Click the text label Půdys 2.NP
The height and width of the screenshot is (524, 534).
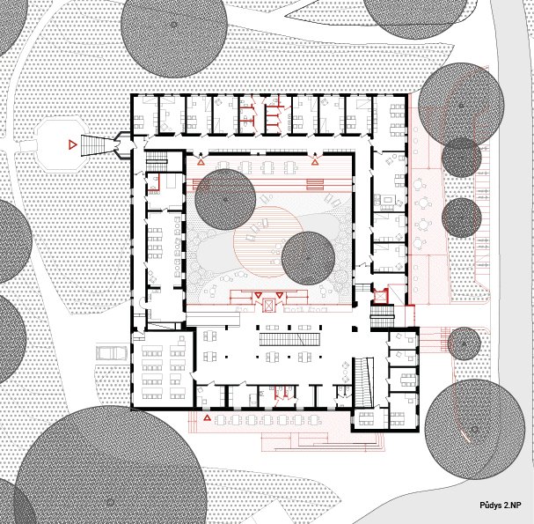tap(501, 506)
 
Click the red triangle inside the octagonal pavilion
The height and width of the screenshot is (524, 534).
tap(72, 145)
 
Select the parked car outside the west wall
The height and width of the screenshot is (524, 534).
tap(112, 353)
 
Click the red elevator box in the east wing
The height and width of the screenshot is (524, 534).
tap(381, 296)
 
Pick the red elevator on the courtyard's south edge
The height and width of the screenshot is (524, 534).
tap(268, 305)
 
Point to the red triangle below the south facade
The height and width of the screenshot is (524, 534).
tap(207, 417)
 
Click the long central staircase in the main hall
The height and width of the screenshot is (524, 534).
tap(289, 340)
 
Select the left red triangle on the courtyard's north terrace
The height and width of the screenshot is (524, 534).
tap(201, 162)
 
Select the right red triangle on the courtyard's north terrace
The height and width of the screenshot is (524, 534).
tap(315, 162)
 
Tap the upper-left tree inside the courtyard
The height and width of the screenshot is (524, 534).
tap(225, 199)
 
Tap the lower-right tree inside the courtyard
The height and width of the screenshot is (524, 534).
tap(309, 258)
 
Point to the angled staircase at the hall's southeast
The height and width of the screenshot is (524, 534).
tap(363, 382)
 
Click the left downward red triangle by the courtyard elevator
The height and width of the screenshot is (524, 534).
tap(258, 295)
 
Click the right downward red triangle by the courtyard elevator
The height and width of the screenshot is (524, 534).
tap(280, 295)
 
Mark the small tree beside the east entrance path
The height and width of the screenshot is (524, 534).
tap(465, 343)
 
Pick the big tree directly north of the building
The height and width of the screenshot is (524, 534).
tap(174, 25)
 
